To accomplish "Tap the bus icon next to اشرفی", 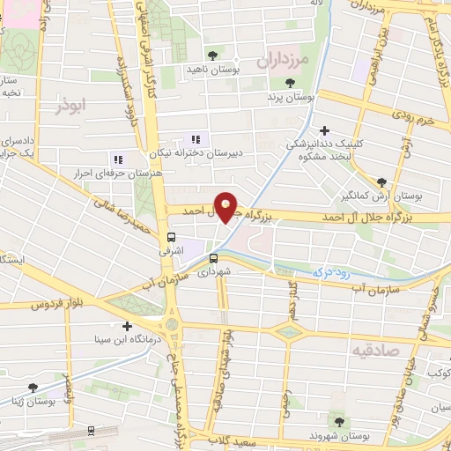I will [x=171, y=237].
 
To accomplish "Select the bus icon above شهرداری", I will [x=213, y=258].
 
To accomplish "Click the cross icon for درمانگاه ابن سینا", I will [x=129, y=326].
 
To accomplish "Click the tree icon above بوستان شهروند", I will [x=334, y=419].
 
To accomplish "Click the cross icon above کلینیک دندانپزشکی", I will [x=324, y=129].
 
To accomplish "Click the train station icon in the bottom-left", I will [x=92, y=431].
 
